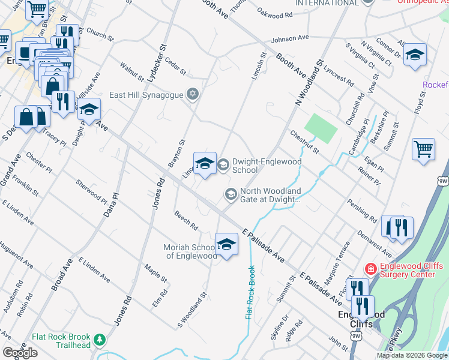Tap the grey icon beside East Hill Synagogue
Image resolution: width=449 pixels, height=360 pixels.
tap(193, 94)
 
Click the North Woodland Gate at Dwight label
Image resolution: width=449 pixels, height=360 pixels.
tap(270, 195)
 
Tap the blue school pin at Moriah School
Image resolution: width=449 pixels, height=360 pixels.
tap(226, 244)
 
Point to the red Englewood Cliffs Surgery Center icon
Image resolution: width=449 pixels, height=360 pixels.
tap(370, 269)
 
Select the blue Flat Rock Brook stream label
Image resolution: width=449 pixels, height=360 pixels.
tap(250, 292)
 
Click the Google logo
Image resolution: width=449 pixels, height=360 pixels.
tap(20, 353)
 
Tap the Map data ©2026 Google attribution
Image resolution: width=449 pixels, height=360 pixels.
tap(411, 355)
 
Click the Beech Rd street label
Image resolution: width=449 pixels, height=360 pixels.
tap(186, 220)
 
